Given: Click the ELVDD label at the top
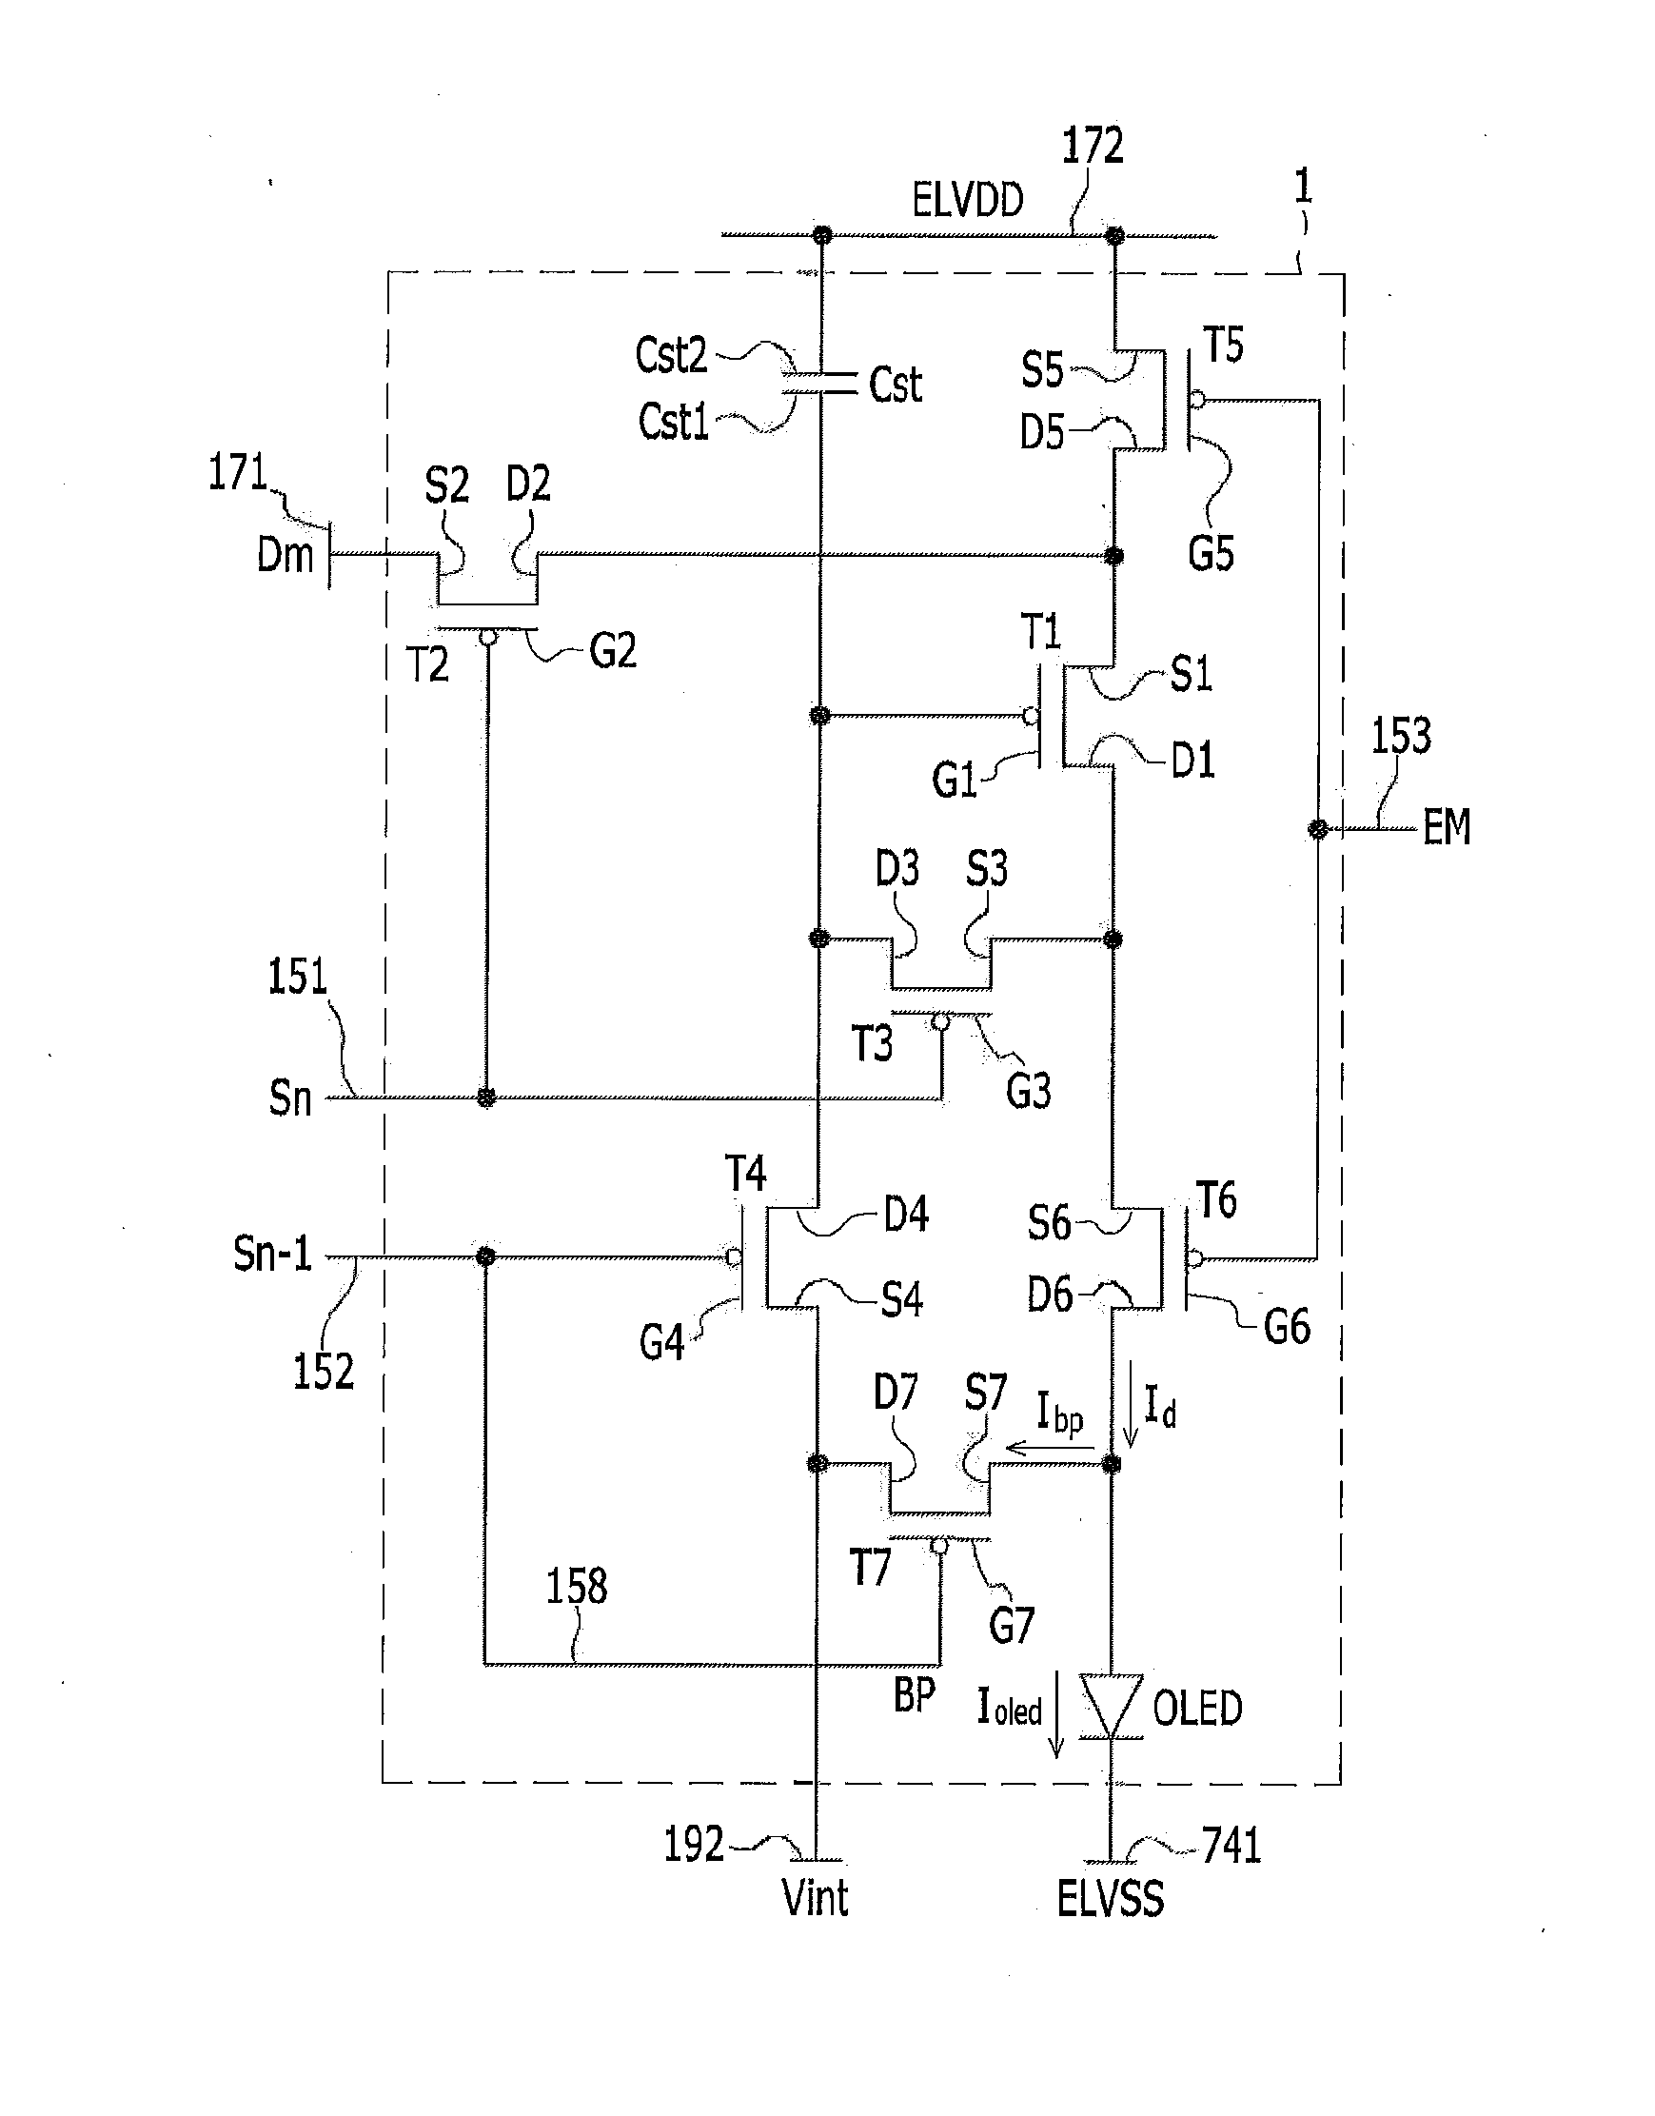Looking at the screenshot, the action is pos(967,201).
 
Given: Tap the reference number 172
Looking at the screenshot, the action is pos(1093,146).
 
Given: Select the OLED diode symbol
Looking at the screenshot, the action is pos(1112,1706).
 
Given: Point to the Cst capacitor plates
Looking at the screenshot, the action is pos(819,383).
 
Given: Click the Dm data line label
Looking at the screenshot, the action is pos(285,556).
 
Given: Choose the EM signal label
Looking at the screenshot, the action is pos(1447,827).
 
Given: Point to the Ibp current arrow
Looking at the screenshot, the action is pos(1052,1449).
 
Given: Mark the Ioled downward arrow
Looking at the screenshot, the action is pos(1056,1714).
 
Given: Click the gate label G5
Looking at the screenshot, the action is pos(1211,553).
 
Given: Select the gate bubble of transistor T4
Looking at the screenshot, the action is pos(734,1257).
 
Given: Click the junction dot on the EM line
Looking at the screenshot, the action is pos(1318,829).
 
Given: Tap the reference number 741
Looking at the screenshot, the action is pos(1231,1846).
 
